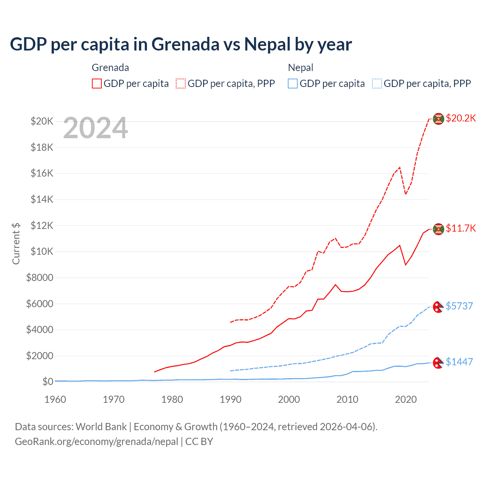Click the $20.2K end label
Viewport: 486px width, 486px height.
coord(461,118)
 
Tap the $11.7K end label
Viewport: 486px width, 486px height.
coord(461,228)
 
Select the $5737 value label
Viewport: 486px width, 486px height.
coord(459,306)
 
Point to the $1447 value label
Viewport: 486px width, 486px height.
coord(459,362)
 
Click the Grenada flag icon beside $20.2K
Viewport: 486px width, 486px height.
coord(439,119)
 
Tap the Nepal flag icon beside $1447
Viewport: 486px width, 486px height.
coord(439,363)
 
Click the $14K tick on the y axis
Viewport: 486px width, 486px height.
coord(42,199)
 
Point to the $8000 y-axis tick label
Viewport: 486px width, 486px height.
coord(39,278)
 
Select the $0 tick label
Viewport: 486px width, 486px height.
coord(47,382)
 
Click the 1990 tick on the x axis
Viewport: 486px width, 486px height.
coord(230,399)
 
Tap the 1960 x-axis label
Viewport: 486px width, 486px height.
coord(55,399)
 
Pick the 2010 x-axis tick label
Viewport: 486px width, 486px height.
coord(347,399)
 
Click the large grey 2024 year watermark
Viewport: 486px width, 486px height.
coord(96,128)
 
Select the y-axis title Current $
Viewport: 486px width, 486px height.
coord(16,243)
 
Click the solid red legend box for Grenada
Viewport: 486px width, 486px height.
coord(97,84)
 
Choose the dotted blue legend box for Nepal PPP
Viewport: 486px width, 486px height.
coord(377,84)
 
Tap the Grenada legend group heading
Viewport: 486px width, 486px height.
coord(110,68)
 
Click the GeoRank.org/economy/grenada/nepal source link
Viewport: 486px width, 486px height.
coord(96,442)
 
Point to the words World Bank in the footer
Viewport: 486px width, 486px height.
coord(101,427)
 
